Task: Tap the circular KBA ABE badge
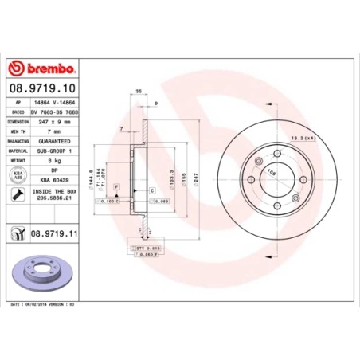18,174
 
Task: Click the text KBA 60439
53,180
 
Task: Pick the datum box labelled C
151,192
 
